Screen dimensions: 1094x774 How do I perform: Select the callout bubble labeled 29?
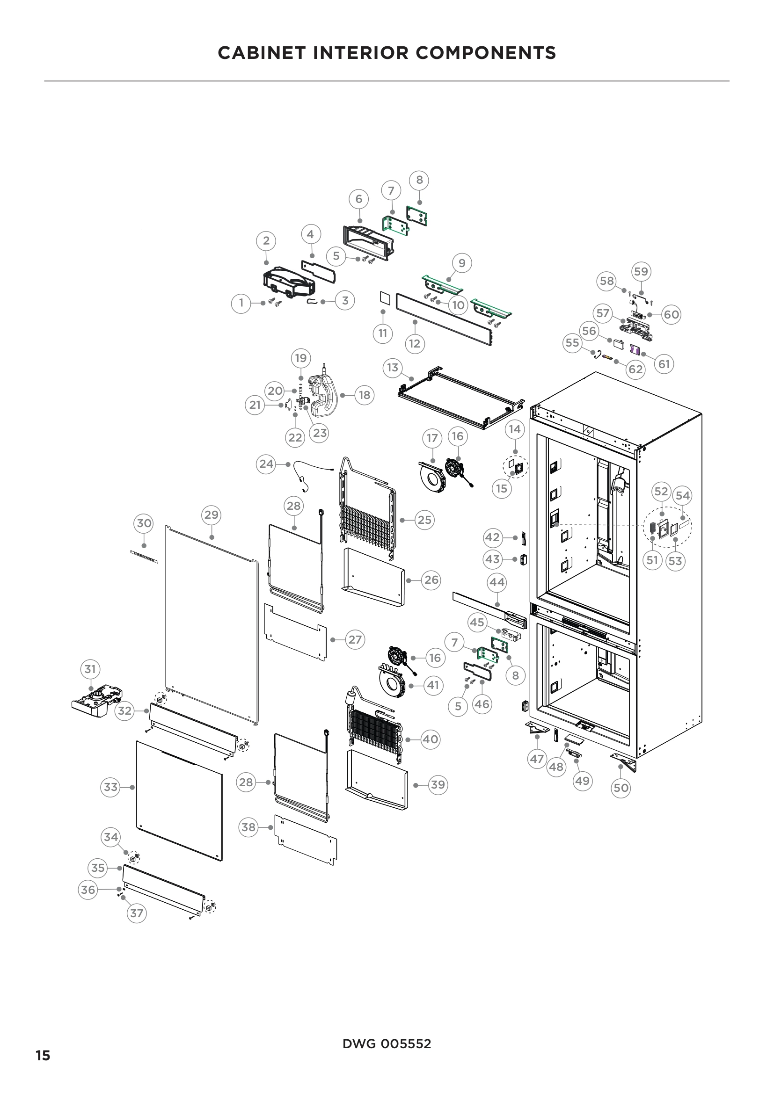pos(211,514)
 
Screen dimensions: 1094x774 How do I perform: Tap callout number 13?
pos(392,367)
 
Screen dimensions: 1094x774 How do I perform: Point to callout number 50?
pos(621,788)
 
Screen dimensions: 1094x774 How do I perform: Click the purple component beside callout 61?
pos(635,349)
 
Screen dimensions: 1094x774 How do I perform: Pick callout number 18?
pos(364,395)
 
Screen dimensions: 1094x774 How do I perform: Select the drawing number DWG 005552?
pos(387,1043)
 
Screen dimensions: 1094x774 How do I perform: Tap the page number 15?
pos(43,1055)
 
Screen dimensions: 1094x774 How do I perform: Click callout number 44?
pos(497,582)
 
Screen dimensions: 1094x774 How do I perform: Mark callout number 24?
pos(266,464)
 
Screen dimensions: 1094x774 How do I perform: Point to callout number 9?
pos(462,263)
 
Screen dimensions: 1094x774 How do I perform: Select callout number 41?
pos(433,685)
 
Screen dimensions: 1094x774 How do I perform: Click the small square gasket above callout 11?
pos(384,298)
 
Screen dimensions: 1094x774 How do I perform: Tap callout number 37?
pos(136,913)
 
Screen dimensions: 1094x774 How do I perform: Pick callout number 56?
pos(589,331)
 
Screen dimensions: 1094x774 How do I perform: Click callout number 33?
pos(110,787)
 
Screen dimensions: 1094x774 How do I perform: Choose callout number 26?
pos(431,580)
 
